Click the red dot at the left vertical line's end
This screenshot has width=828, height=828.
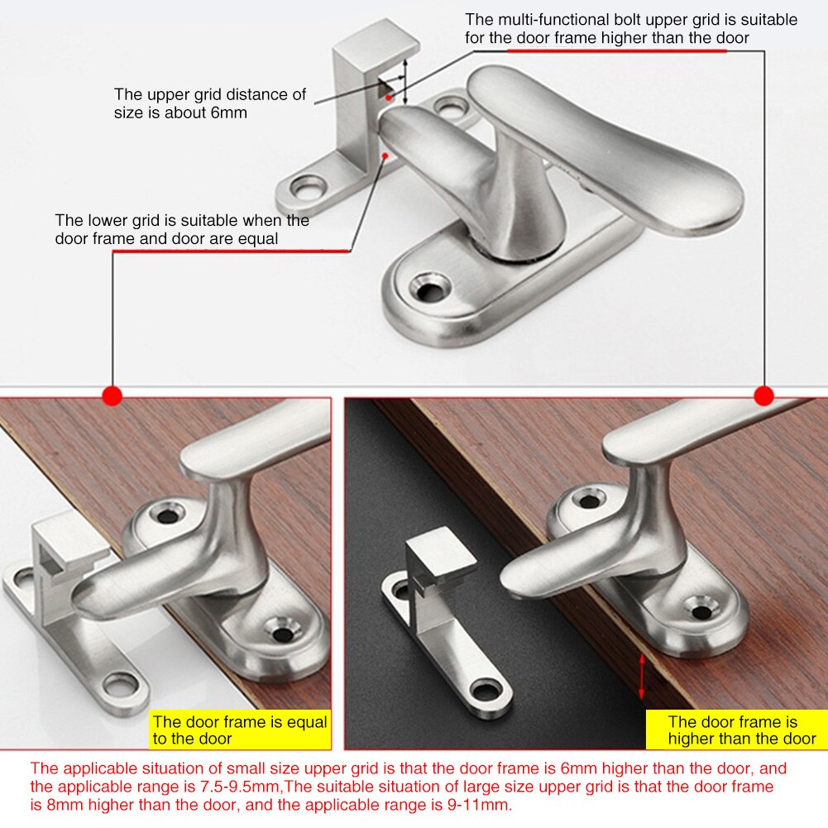112,396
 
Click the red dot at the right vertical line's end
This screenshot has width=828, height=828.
763,396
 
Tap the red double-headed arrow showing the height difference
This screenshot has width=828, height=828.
643,675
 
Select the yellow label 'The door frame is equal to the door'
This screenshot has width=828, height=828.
240,730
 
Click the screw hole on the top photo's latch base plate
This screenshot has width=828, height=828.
429,289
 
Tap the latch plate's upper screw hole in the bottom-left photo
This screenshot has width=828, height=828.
168,515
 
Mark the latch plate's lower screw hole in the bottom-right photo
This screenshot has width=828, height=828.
701,612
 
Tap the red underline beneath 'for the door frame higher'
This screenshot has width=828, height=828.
616,50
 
